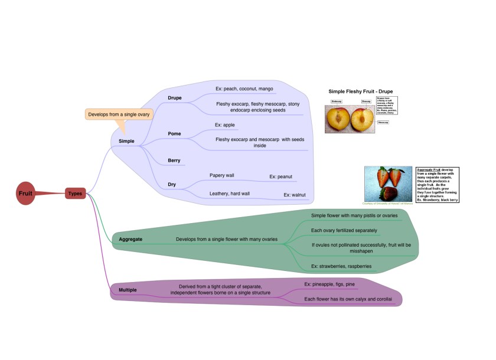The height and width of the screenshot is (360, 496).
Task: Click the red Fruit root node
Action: coord(25,193)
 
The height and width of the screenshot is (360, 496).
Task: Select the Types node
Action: coord(76,193)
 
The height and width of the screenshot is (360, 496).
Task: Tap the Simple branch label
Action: coord(126,141)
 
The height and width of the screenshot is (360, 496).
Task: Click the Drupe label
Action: coord(174,97)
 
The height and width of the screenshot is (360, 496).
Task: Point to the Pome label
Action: coord(174,133)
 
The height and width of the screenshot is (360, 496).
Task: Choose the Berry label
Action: coord(174,160)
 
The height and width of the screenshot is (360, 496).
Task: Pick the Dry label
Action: coord(172,184)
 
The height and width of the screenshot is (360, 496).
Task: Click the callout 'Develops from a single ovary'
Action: coord(119,114)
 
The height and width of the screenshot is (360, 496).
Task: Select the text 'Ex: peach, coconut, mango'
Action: coord(244,89)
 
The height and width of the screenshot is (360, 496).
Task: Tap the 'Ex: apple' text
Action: coord(225,125)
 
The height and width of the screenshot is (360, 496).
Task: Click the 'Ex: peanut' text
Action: coord(280,176)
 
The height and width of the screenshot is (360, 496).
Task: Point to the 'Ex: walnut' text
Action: coord(295,194)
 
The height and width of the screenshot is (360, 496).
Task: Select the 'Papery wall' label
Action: coord(222,175)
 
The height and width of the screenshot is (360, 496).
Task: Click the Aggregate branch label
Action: coord(130,239)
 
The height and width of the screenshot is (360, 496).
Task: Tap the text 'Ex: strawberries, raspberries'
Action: coord(341,266)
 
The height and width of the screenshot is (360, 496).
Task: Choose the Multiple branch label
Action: coord(128,290)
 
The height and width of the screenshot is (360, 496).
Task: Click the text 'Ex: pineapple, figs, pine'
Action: coord(329,284)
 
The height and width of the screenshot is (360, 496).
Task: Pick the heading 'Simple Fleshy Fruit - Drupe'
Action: coord(360,91)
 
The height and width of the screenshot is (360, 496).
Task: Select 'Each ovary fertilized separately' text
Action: coord(344,230)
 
